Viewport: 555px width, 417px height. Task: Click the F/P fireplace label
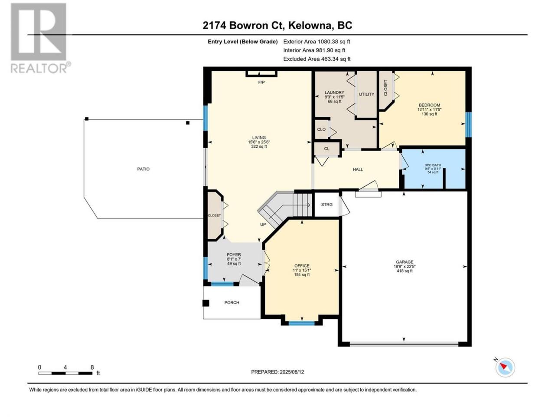261,82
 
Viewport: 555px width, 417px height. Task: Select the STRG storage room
326,204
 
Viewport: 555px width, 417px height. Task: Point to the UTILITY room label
366,94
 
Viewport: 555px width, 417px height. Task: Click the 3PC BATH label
433,165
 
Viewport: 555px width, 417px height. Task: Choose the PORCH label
232,303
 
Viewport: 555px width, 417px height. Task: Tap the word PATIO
144,169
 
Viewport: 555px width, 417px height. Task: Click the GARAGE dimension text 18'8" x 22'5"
405,266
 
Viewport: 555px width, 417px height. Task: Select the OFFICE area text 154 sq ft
302,275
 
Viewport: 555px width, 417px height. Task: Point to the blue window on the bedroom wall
468,125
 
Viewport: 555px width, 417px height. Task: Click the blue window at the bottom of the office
301,323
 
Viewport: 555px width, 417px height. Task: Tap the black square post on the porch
206,303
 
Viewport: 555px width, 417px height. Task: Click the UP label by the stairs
263,224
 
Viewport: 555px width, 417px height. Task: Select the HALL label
358,169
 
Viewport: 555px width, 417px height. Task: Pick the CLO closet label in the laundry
321,129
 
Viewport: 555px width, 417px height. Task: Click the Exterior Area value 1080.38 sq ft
334,42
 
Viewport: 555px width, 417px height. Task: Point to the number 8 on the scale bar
92,367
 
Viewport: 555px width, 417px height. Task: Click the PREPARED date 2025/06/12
292,372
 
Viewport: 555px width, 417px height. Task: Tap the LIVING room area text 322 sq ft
259,146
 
